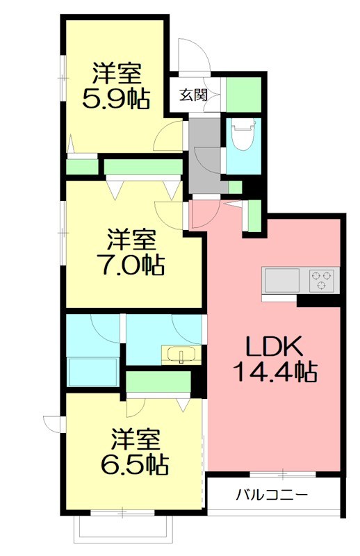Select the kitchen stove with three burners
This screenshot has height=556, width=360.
click(322, 281)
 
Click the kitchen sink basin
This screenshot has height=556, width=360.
click(281, 281)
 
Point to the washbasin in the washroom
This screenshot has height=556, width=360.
click(181, 355)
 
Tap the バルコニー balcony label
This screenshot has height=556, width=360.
click(272, 496)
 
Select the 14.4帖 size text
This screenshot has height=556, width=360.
click(274, 373)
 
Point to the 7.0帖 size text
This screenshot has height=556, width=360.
click(130, 265)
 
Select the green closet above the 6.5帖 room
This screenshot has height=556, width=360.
click(158, 382)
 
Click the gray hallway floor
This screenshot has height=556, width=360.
click(204, 153)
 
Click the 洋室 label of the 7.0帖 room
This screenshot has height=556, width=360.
click(130, 240)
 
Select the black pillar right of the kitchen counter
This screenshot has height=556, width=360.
click(319, 301)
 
